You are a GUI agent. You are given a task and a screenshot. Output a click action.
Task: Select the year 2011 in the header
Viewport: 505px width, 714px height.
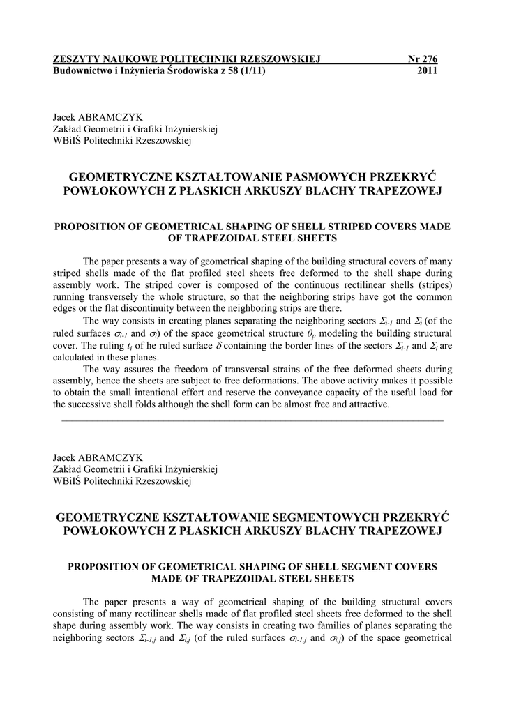pos(427,71)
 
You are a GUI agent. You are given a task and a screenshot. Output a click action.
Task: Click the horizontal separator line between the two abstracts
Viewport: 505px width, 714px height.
pos(252,420)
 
